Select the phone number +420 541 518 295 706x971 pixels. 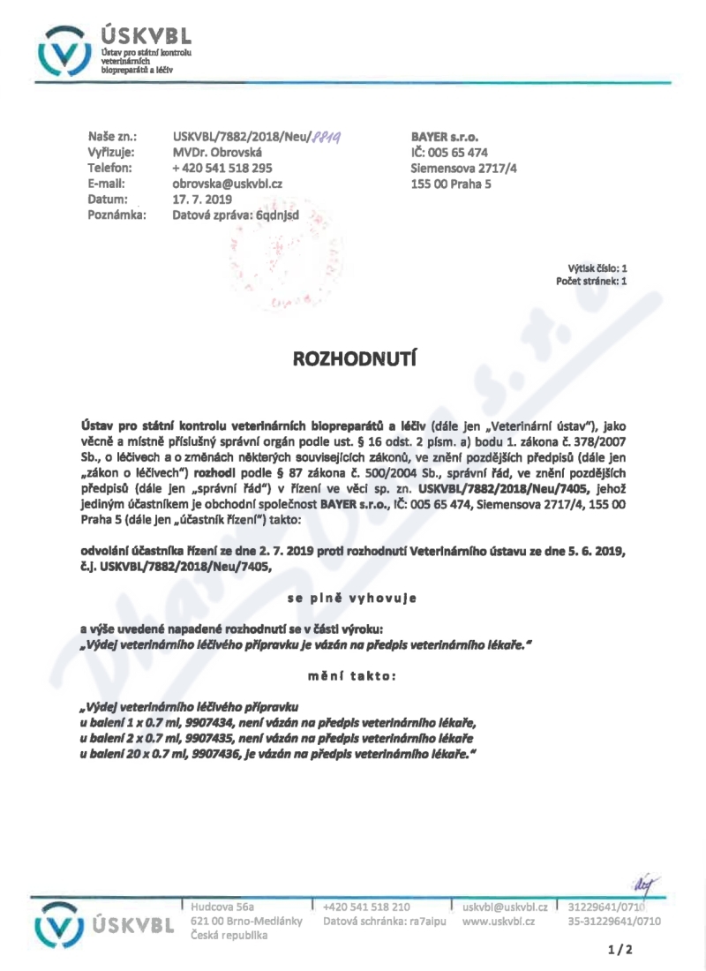222,168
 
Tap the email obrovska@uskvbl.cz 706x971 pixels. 227,184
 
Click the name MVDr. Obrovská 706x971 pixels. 217,152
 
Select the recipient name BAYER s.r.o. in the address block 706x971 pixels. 445,137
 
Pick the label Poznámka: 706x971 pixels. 116,215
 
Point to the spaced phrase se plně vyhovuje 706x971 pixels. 352,598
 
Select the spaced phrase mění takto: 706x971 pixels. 352,676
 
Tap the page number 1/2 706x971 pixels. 620,950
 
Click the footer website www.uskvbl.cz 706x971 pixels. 499,921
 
